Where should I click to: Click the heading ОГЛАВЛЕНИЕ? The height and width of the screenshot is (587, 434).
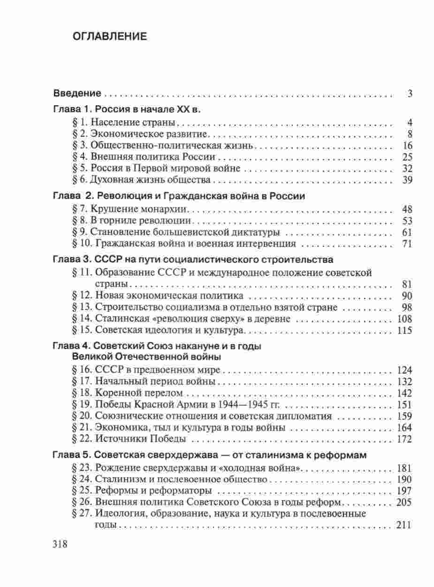[x=110, y=37]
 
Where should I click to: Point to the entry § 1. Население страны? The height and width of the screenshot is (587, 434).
[x=124, y=123]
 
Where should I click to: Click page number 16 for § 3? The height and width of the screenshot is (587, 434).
[x=407, y=146]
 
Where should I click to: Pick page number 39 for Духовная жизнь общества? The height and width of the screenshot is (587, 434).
[x=407, y=180]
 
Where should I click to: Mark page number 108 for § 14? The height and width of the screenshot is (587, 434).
[x=404, y=319]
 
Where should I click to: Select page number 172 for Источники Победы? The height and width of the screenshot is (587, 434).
[x=404, y=439]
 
